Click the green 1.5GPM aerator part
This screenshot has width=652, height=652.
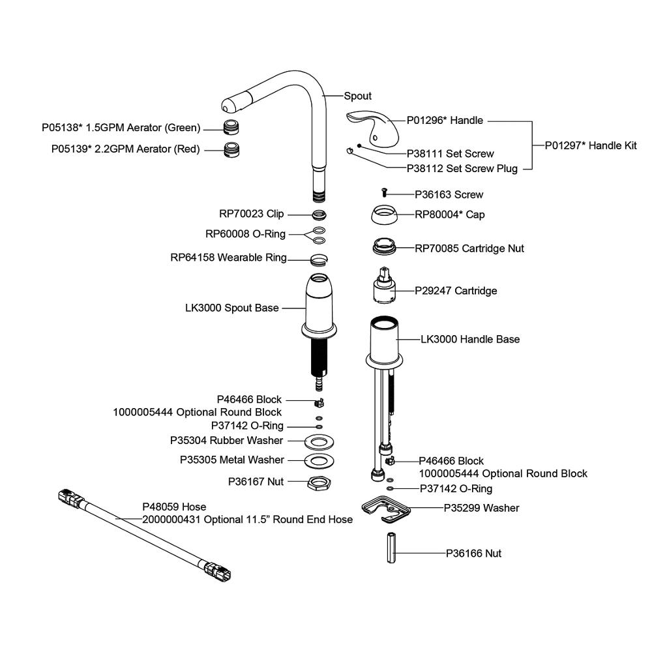[x=230, y=127]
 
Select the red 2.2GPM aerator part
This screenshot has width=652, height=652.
[x=231, y=149]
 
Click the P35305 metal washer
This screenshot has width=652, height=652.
[x=319, y=461]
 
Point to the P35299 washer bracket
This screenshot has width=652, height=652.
[x=385, y=509]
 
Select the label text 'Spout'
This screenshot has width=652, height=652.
[x=357, y=96]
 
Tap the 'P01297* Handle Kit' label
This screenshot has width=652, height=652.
[x=591, y=145]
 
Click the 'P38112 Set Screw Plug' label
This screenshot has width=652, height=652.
[x=462, y=169]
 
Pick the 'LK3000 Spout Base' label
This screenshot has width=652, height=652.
[x=231, y=308]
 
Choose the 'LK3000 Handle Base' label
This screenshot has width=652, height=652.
[x=470, y=339]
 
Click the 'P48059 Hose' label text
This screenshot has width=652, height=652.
[x=174, y=507]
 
